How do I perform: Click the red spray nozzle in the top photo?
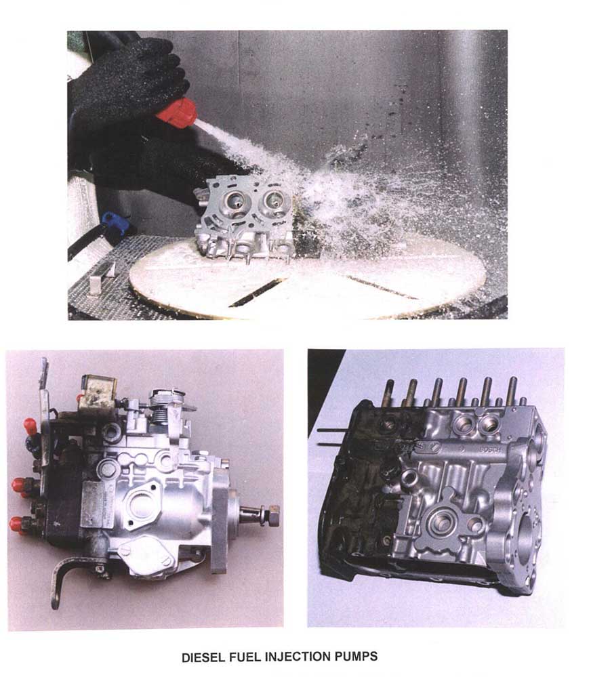(x=177, y=114)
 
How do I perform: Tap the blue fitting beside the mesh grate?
(x=115, y=222)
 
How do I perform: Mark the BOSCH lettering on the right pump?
(x=491, y=449)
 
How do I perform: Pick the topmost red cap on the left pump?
(x=30, y=425)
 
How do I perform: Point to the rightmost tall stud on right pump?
(x=512, y=391)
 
